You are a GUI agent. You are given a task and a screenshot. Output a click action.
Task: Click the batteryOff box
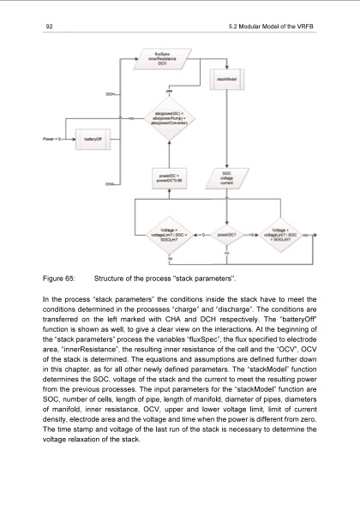pyautogui.click(x=91, y=138)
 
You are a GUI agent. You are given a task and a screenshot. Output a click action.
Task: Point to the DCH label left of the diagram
pyautogui.click(x=111, y=93)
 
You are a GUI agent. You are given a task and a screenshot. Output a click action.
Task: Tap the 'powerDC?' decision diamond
pyautogui.click(x=227, y=232)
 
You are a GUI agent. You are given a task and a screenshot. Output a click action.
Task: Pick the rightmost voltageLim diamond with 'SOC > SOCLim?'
pyautogui.click(x=283, y=232)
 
